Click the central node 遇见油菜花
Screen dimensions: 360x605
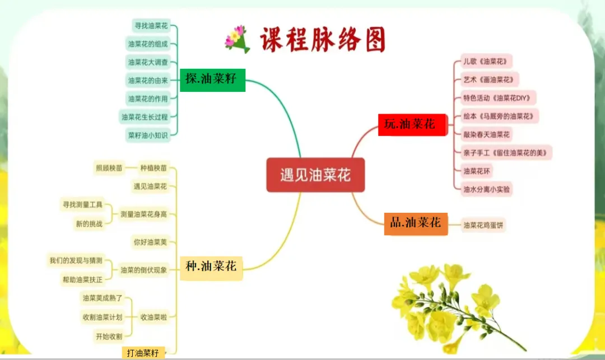coord(315,175)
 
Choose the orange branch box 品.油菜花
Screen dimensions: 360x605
coord(416,223)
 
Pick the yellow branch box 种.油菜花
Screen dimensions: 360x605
coord(211,267)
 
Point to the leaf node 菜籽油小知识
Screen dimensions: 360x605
coord(147,134)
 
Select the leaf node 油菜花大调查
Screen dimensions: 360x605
coord(147,62)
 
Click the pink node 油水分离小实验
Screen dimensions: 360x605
coord(486,189)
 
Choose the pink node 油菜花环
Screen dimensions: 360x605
coord(477,171)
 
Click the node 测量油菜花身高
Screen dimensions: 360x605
coord(143,214)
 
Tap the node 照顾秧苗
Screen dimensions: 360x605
coord(109,168)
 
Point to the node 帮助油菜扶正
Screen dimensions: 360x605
coord(83,279)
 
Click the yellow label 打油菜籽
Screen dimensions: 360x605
coord(143,353)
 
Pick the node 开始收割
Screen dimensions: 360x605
coord(108,336)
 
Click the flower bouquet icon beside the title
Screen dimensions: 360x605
coord(237,39)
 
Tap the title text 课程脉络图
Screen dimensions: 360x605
coord(323,39)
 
